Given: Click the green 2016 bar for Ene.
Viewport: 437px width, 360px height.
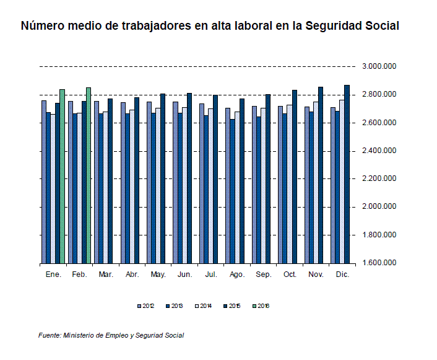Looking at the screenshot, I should point(62,177).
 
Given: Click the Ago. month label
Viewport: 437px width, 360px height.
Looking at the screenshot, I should point(237,274).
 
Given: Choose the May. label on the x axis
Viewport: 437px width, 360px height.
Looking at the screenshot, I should point(158,274).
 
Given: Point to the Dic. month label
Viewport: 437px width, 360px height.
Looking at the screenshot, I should point(342,274).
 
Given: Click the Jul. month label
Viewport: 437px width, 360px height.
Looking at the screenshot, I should point(210,274).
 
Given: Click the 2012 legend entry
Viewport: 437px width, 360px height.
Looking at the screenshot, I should point(146,305).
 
